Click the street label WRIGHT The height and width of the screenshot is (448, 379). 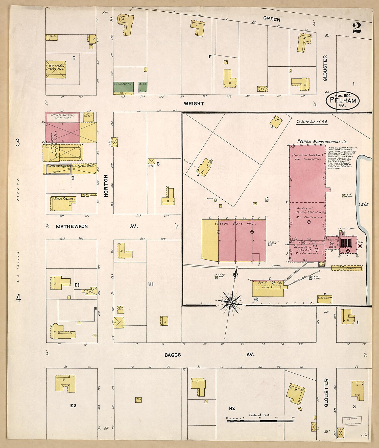[x=194, y=103]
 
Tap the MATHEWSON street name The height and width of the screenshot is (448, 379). [x=72, y=226]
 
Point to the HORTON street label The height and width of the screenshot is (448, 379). [x=106, y=186]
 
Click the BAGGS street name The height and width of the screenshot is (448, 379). [x=173, y=355]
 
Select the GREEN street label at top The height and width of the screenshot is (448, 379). [x=272, y=19]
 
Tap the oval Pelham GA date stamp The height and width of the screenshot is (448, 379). [x=343, y=100]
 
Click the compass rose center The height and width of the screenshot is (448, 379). [x=231, y=302]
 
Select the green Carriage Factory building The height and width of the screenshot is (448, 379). [x=123, y=87]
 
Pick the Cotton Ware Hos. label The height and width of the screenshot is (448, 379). [x=235, y=223]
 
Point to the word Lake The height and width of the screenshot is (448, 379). [x=363, y=204]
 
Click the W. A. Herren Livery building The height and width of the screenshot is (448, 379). [x=56, y=69]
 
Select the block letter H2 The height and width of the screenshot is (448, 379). [x=232, y=408]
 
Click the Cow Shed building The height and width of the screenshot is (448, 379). [x=121, y=308]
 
